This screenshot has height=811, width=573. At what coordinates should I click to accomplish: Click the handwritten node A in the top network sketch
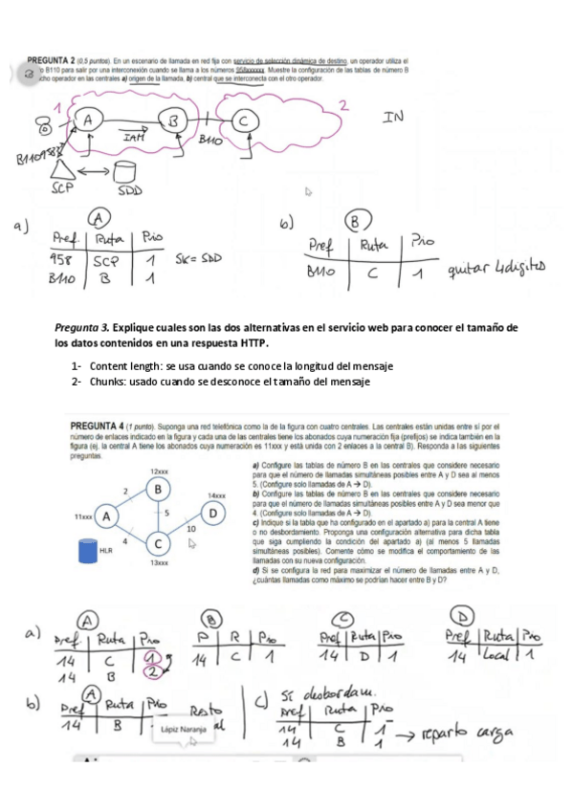pyautogui.click(x=89, y=121)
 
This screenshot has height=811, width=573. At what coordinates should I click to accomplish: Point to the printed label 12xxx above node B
pyautogui.click(x=159, y=471)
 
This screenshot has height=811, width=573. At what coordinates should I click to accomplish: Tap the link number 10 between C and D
pyautogui.click(x=191, y=527)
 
